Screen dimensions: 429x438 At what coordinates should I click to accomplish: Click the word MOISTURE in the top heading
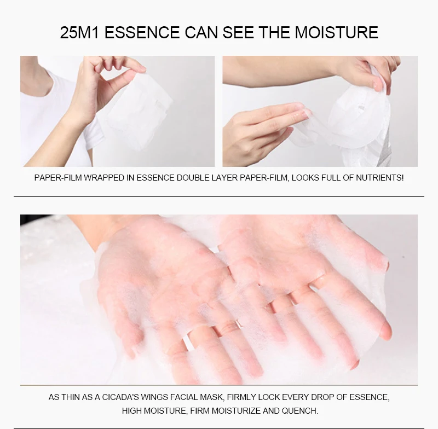[336, 32]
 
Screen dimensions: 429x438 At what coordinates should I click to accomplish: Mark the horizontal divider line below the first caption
[219, 196]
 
